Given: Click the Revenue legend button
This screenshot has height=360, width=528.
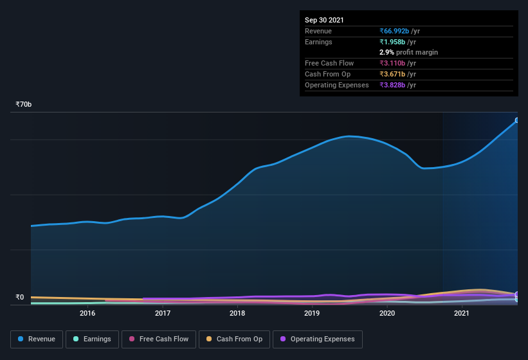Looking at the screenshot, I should [x=37, y=339].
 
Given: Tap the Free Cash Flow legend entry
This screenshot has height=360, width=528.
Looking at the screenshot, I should [x=158, y=339].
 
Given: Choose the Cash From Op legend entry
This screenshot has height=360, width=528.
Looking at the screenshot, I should [x=233, y=339].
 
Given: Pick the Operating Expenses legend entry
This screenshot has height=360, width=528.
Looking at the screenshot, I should [x=317, y=339].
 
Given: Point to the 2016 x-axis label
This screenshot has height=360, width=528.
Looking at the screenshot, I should [x=87, y=313].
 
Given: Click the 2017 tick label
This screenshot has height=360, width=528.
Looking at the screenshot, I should [x=163, y=313].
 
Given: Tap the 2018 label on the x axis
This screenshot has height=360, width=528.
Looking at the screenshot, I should [x=237, y=313].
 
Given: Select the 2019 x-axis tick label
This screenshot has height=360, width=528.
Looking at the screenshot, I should [x=312, y=313].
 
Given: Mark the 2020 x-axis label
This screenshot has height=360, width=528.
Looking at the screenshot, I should [x=387, y=313].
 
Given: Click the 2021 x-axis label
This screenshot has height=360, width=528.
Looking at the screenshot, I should [x=462, y=313].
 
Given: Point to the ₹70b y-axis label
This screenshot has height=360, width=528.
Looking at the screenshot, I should [x=24, y=104].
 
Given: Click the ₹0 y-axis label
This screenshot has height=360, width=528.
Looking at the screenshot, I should [x=19, y=297].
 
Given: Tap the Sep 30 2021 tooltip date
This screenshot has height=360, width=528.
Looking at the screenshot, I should [x=324, y=20].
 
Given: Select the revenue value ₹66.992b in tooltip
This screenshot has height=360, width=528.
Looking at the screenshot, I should [x=396, y=31].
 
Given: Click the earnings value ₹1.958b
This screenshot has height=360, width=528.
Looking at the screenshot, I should [x=393, y=42].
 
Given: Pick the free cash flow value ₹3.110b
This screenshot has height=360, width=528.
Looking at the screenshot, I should [x=393, y=63].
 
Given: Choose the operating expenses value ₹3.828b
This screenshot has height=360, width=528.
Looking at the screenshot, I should [x=393, y=85].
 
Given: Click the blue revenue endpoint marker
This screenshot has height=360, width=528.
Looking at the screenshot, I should [x=517, y=120].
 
